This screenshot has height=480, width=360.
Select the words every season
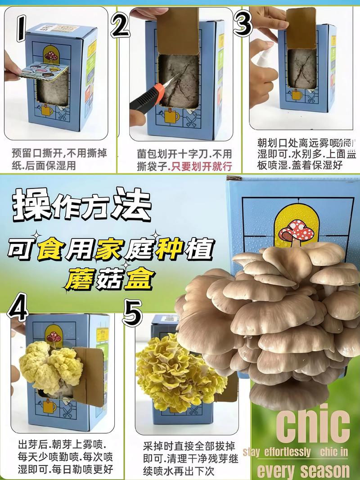point(303,470)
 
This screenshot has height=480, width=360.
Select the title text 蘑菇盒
point(112,279)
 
